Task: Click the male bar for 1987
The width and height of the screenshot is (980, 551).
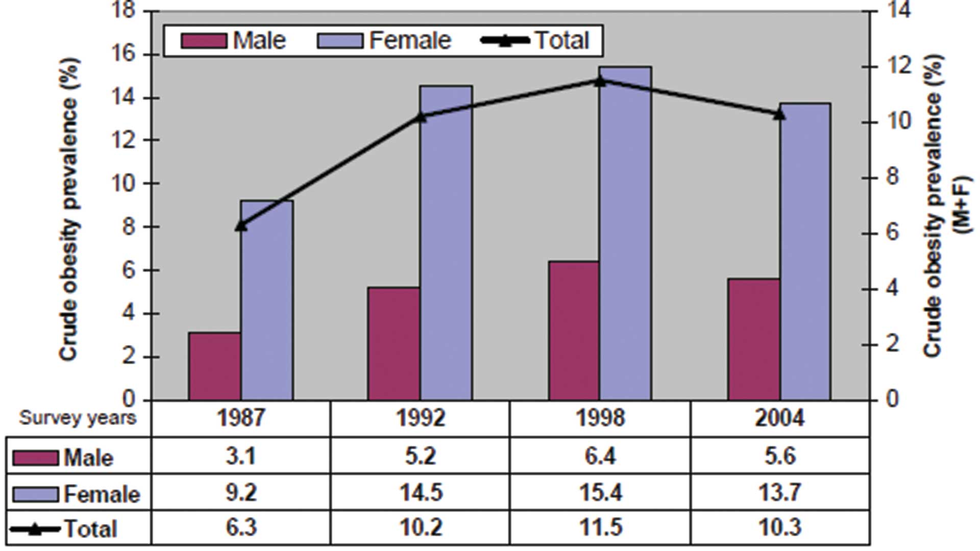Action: point(214,366)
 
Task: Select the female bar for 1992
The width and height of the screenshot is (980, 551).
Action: point(446,243)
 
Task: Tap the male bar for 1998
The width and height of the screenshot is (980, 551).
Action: point(574,331)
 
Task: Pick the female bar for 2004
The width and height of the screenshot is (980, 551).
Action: point(805,252)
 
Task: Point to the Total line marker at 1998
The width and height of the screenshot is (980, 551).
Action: point(600,81)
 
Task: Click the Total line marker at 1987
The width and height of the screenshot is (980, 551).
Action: point(241,225)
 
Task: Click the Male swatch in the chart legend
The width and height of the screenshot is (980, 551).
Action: point(204,40)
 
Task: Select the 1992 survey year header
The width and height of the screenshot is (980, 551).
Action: point(421,418)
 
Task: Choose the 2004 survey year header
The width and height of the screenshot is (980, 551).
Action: point(779,418)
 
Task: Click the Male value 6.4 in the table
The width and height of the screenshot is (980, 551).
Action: point(600,456)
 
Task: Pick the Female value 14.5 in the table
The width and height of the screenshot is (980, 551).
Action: point(421,492)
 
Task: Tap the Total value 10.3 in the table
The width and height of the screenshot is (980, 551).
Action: point(779,528)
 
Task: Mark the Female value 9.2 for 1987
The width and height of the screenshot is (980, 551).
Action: point(241,492)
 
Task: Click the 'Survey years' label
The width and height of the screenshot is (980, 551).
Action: point(78,418)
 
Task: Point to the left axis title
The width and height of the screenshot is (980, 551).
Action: point(69,209)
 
